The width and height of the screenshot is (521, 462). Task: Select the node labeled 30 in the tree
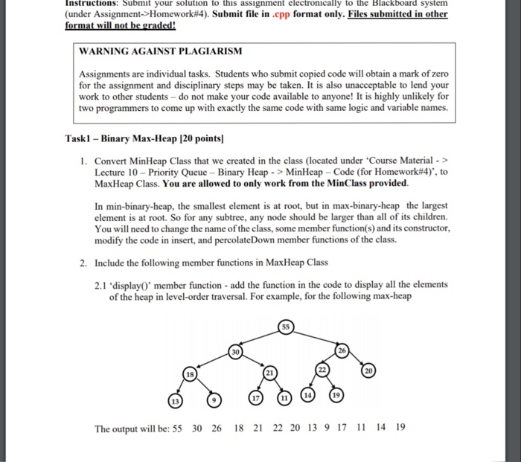(235, 352)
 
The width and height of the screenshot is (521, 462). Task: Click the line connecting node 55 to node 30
(261, 340)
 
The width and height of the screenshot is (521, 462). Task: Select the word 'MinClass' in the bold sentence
(352, 183)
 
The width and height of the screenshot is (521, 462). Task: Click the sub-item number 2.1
(102, 284)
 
